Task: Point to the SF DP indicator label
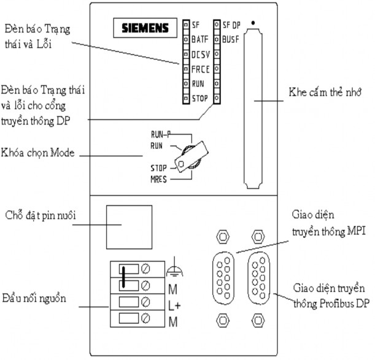point(231,25)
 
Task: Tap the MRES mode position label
point(161,180)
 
